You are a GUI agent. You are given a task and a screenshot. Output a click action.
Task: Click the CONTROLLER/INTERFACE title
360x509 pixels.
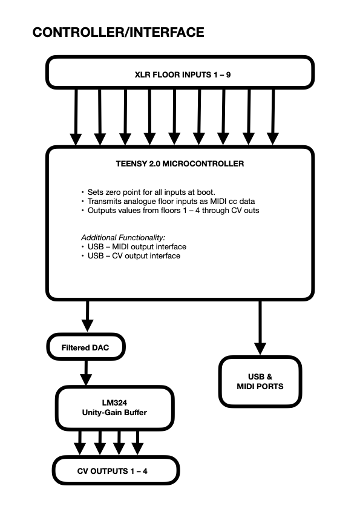point(118,33)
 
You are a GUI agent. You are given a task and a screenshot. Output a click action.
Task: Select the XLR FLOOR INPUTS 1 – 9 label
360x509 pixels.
point(183,74)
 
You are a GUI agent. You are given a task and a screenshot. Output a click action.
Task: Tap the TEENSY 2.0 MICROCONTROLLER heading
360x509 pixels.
point(180,163)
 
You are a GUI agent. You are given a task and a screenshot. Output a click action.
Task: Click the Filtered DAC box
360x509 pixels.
point(86,347)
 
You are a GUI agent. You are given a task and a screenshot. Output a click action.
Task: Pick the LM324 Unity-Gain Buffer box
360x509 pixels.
point(114,408)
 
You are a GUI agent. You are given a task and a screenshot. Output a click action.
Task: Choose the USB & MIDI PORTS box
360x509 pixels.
point(260,381)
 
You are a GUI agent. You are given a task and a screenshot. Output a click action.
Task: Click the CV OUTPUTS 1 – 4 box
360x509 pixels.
point(116,471)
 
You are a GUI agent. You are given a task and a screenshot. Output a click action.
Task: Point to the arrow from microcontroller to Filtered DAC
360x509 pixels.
point(87,316)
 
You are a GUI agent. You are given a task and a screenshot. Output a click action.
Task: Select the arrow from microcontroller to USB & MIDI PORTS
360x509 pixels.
point(260,327)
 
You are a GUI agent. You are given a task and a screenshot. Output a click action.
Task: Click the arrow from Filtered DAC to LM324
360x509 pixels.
point(86,373)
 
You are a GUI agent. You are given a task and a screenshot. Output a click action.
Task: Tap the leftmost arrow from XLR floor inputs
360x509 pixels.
point(76,117)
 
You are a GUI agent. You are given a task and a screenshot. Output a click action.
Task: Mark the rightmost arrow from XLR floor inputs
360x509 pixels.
point(273,117)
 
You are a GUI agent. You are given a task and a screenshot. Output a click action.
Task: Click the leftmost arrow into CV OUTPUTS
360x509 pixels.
point(80,443)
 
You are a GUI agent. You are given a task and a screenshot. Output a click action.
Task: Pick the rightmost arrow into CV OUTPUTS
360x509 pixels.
point(137,443)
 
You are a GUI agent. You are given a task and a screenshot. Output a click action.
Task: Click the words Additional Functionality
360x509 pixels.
point(123,238)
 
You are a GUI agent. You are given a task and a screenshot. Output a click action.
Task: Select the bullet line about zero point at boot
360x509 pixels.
point(148,192)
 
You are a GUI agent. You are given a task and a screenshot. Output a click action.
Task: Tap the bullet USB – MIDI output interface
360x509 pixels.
point(134,247)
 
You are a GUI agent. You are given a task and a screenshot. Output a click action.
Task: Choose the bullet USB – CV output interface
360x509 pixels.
point(131,256)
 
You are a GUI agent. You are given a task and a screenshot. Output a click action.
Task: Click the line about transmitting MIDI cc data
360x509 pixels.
point(168,202)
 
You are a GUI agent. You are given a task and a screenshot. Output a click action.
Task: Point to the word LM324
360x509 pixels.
point(114,403)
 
